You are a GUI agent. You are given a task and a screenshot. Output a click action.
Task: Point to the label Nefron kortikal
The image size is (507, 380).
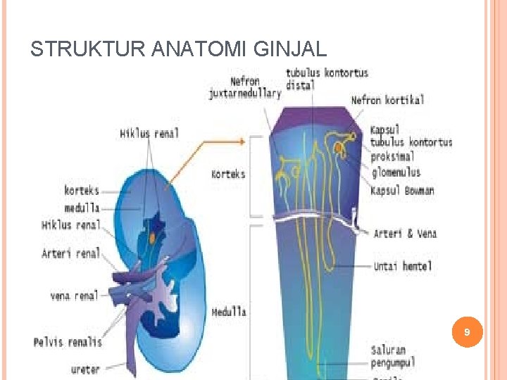tap(387, 101)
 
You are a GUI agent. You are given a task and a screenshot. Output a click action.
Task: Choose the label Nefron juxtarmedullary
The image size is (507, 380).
tap(244, 87)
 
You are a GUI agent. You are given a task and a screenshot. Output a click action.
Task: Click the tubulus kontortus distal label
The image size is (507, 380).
tap(326, 79)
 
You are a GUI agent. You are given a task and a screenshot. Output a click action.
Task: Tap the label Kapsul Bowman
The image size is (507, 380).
tap(402, 191)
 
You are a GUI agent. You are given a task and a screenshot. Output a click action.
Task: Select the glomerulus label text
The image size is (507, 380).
tap(395, 172)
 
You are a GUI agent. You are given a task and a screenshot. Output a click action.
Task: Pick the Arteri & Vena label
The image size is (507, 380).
tap(405, 234)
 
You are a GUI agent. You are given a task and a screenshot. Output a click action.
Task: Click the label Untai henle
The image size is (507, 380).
tap(403, 267)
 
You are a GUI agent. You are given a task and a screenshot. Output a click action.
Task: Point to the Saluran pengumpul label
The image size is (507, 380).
tap(393, 356)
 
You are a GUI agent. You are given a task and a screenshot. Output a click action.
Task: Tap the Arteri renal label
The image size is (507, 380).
tap(71, 253)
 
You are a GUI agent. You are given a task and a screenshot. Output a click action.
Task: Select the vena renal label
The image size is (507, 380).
tap(74, 296)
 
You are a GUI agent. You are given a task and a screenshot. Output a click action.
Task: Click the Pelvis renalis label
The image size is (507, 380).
tap(68, 342)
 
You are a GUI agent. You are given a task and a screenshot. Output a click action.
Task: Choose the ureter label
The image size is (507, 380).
tap(86, 369)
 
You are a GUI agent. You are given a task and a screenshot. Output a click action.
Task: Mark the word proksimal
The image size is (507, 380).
tap(393, 157)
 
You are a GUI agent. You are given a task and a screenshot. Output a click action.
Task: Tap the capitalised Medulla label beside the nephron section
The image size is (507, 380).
tap(229, 312)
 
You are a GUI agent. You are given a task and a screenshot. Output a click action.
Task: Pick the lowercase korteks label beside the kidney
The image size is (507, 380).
tap(81, 190)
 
